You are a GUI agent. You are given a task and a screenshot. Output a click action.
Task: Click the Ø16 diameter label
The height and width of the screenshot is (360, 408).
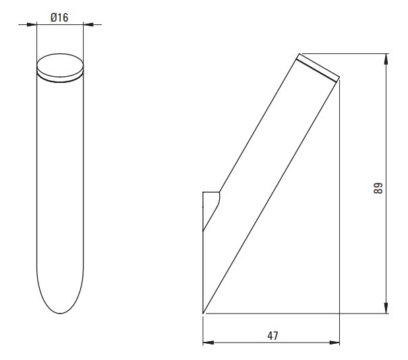pos(59,18)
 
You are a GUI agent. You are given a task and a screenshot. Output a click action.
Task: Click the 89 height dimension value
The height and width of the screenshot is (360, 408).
pos(378,188)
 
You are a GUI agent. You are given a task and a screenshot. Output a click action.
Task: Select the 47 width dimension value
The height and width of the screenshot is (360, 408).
pos(272,336)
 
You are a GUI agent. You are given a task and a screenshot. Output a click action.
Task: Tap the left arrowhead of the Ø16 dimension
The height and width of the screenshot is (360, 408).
pos(32,25)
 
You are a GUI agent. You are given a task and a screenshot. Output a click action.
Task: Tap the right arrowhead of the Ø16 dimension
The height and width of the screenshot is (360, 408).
pos(88,25)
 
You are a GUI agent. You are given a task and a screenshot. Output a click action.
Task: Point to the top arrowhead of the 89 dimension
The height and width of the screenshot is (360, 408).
pos(386,59)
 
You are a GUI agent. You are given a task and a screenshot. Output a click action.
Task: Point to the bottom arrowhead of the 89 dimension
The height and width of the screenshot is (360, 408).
pos(386,308)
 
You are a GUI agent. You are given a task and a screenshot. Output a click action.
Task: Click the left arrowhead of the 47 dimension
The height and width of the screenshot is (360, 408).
pos(208,343)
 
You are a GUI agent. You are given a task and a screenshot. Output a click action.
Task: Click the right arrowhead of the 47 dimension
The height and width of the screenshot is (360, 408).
pos(334,343)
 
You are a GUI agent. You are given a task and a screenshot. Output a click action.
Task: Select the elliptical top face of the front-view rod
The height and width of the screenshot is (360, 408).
pos(60,65)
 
